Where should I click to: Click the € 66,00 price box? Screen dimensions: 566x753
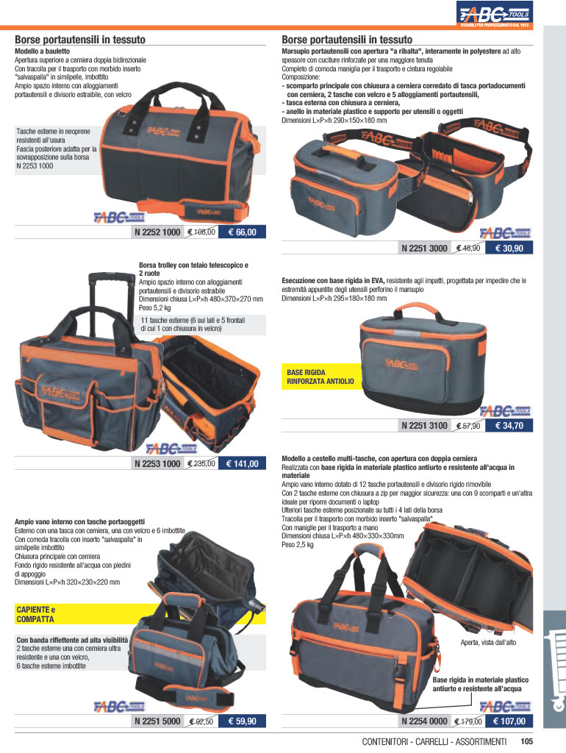tap(242, 232)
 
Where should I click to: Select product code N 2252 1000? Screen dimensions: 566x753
tap(157, 232)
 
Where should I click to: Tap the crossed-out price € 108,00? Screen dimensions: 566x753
tap(201, 232)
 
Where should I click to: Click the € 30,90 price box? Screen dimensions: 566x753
tap(509, 249)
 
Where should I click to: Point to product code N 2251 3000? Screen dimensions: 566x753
tap(424, 249)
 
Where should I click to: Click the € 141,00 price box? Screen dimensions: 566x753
tap(242, 463)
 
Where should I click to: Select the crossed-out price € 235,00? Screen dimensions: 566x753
tap(201, 463)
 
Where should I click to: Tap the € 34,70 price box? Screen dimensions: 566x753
tap(509, 426)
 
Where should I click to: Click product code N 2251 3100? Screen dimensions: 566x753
tap(424, 426)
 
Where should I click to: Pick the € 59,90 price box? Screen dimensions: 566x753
tap(242, 721)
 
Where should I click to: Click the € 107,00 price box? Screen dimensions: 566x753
tap(509, 721)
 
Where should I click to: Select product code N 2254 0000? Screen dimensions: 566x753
tap(424, 721)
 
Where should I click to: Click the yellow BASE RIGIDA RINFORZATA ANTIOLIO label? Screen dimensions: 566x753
tap(320, 376)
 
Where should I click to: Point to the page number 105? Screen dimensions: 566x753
tap(526, 742)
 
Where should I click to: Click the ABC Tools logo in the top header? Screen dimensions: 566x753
tap(495, 15)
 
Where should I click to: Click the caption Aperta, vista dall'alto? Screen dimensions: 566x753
tap(488, 643)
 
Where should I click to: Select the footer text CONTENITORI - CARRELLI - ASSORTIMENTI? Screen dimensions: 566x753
tap(434, 742)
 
